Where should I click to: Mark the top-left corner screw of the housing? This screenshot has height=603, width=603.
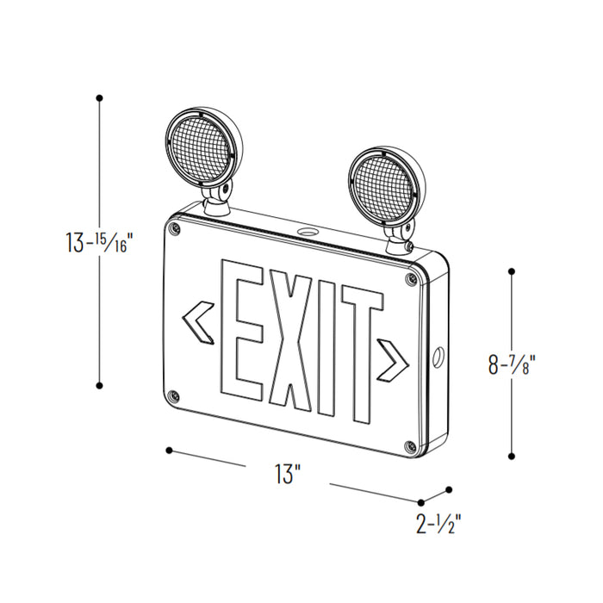click(x=177, y=228)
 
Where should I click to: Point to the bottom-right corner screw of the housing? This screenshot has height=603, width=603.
click(x=409, y=447)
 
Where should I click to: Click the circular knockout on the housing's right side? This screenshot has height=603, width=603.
click(x=439, y=354)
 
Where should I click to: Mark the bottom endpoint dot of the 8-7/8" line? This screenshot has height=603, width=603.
click(x=513, y=457)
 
